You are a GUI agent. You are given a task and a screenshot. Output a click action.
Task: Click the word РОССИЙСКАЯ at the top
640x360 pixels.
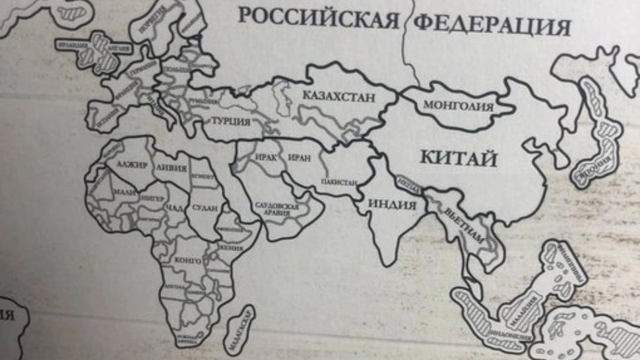pyautogui.click(x=318, y=17)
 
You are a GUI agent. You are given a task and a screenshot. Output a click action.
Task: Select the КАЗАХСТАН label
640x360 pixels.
pyautogui.click(x=338, y=97)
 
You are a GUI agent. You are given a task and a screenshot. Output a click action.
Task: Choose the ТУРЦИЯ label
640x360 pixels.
pyautogui.click(x=230, y=122)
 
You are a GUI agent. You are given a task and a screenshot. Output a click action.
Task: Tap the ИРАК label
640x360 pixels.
pyautogui.click(x=263, y=159)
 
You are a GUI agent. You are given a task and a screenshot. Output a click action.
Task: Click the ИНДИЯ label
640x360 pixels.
pyautogui.click(x=393, y=204)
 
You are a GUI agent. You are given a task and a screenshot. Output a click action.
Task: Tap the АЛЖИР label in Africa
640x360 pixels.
pyautogui.click(x=129, y=164)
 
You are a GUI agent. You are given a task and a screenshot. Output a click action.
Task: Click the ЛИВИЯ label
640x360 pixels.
pyautogui.click(x=172, y=167)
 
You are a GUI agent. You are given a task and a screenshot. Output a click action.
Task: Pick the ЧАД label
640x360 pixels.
pyautogui.click(x=174, y=208)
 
